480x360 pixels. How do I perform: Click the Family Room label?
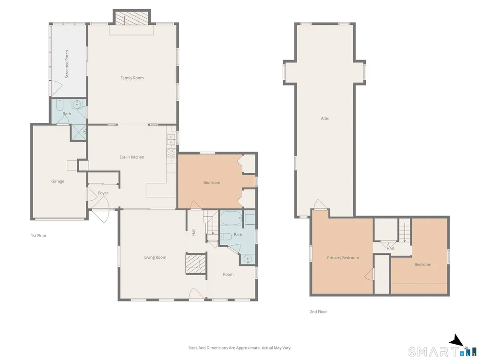(132, 78)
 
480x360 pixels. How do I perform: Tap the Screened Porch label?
(67, 64)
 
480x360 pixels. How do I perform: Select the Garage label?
(58, 181)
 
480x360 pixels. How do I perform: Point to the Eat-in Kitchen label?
(132, 157)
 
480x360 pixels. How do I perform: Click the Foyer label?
(103, 193)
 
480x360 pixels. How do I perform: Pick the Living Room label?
(155, 257)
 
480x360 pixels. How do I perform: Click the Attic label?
(325, 119)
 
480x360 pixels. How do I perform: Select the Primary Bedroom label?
(343, 258)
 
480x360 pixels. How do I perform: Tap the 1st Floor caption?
(38, 236)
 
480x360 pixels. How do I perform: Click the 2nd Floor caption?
(318, 312)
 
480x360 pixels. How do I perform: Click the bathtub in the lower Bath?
(231, 218)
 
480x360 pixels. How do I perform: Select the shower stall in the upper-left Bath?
(79, 132)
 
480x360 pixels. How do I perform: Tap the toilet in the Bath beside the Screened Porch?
(60, 105)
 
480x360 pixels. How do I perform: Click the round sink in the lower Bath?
(248, 259)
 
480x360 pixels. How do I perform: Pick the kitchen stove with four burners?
(171, 153)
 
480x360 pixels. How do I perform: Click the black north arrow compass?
(456, 340)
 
